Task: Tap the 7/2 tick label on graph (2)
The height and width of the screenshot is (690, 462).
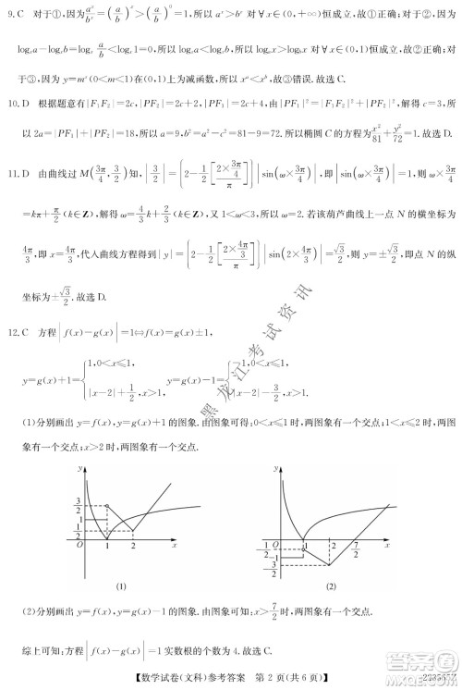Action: pyautogui.click(x=356, y=549)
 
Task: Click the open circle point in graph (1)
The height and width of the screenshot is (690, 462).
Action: pyautogui.click(x=108, y=506)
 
